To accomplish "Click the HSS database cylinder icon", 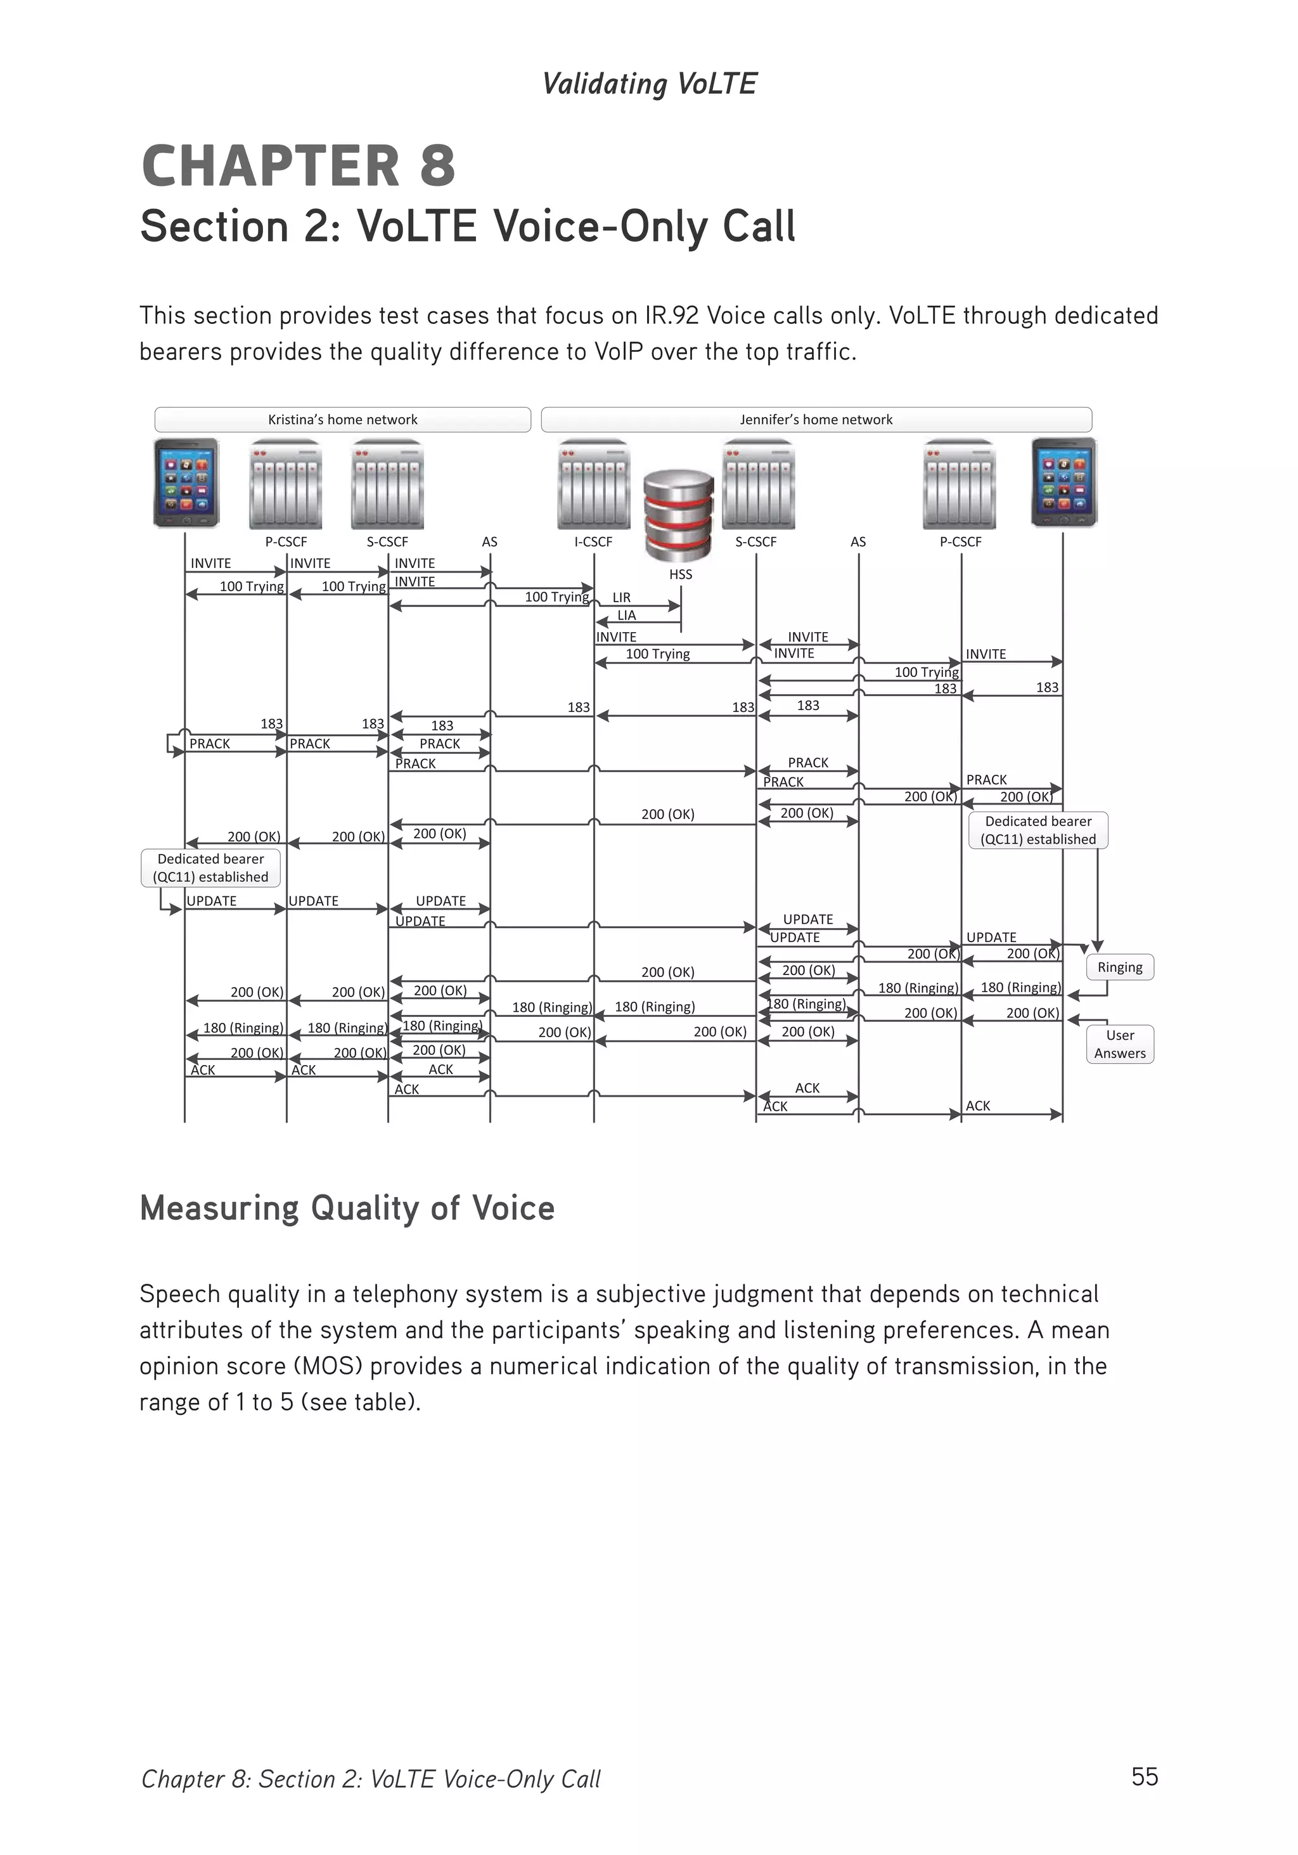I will [x=679, y=515].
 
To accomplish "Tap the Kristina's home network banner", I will [x=342, y=419].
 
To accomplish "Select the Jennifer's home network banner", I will [x=816, y=419].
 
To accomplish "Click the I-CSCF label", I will [x=593, y=541].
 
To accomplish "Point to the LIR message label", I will [x=621, y=597].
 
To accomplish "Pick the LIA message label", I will [x=626, y=615].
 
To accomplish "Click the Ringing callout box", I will [x=1119, y=967].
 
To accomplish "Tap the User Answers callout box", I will [x=1119, y=1044].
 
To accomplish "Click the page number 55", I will [x=1145, y=1776].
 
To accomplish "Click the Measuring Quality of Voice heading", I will [x=347, y=1208].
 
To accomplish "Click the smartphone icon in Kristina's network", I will [x=186, y=482].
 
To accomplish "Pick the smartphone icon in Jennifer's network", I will [x=1063, y=482].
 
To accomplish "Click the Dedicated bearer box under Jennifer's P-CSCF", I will [x=1038, y=830].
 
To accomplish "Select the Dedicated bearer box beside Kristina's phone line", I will [x=211, y=868].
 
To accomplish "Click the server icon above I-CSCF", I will [x=593, y=484].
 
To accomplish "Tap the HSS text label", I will [x=680, y=574].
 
